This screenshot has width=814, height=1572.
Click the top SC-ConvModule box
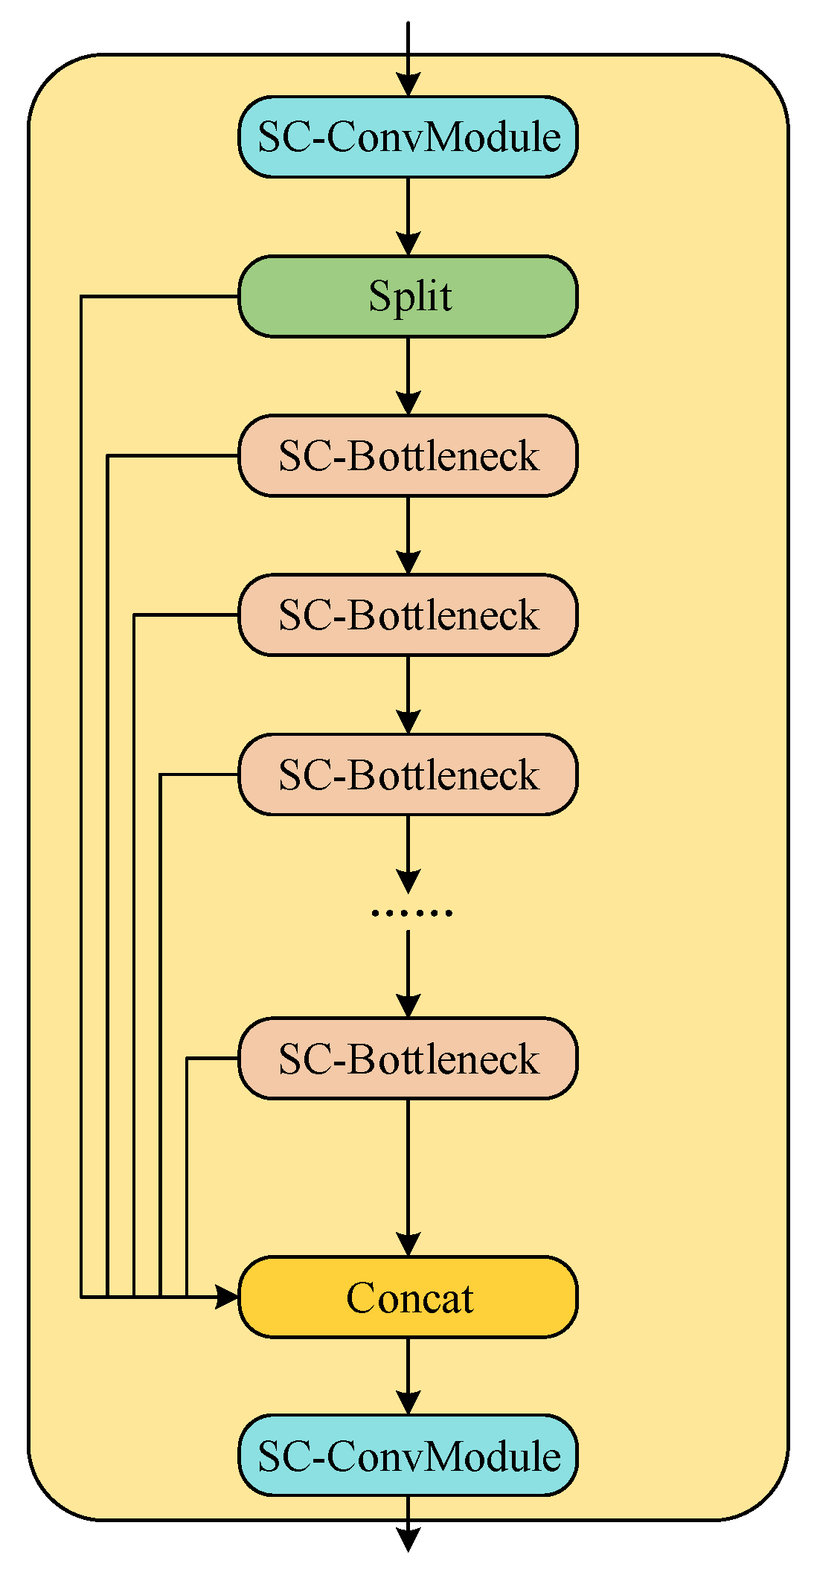coord(408,137)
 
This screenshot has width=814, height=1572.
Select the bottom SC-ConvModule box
coord(408,1455)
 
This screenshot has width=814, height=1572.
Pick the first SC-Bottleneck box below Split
coord(408,455)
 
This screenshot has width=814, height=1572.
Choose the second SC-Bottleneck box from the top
coord(408,615)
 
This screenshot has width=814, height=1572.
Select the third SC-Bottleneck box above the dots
coord(408,774)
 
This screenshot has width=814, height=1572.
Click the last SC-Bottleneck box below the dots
coord(408,1058)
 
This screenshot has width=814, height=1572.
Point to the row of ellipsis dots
coord(411,913)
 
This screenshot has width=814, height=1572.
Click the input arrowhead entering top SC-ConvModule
coord(408,85)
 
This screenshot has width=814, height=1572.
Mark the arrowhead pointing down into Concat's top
coord(408,1244)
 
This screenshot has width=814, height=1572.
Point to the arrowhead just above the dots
coord(408,881)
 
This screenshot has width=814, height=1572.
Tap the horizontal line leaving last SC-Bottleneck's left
coord(213,1058)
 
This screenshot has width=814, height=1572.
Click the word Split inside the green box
coord(410,297)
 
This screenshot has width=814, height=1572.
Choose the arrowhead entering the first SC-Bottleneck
coord(408,403)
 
